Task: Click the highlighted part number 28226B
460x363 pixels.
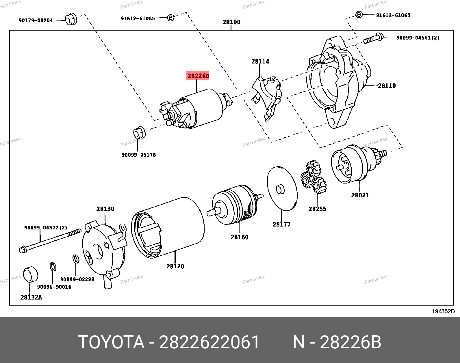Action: click(x=198, y=76)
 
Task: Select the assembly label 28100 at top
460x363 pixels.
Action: click(x=231, y=22)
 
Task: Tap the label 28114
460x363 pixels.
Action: click(x=260, y=61)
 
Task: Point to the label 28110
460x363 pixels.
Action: click(x=387, y=86)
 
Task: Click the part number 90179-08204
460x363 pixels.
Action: click(x=36, y=20)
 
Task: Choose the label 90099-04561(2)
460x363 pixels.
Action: click(x=418, y=38)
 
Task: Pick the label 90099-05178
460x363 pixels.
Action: click(x=138, y=155)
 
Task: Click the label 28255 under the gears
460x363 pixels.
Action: click(x=317, y=209)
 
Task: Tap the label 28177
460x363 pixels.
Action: click(x=281, y=224)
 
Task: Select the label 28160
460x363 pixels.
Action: click(x=239, y=237)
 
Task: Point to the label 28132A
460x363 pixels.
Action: click(x=31, y=297)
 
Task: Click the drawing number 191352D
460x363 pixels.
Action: click(x=443, y=311)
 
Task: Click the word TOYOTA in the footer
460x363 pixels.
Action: click(x=111, y=342)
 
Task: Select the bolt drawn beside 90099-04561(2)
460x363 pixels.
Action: click(x=373, y=39)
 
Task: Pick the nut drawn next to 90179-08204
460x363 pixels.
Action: click(x=71, y=19)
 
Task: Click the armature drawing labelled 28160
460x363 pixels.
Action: click(x=234, y=205)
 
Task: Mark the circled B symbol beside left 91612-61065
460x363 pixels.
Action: click(x=171, y=18)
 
